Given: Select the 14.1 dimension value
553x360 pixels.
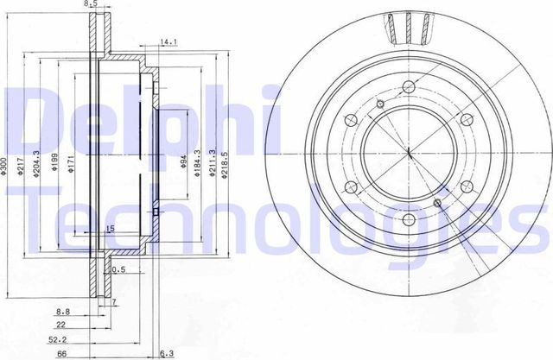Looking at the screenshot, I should pos(168,40).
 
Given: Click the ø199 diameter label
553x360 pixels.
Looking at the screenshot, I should pos(54,161).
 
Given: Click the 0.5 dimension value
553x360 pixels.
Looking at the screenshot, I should pos(118,270).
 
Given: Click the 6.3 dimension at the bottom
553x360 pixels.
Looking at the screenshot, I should pos(165,352).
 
